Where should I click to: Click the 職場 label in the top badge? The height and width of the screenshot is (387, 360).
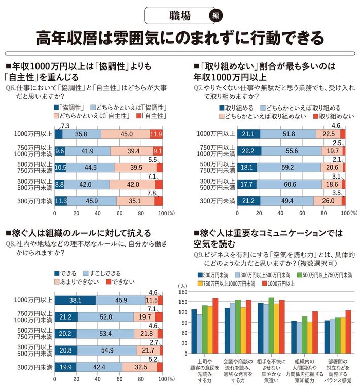click(x=178, y=16)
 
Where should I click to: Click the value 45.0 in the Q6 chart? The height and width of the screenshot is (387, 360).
click(x=127, y=134)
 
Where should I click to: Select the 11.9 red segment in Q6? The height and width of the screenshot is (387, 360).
click(x=156, y=134)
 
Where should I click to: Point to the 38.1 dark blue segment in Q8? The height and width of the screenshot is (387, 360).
click(x=75, y=300)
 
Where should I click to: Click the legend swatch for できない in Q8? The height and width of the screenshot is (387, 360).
click(x=107, y=282)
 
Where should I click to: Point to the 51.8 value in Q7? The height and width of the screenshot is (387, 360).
click(x=287, y=134)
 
